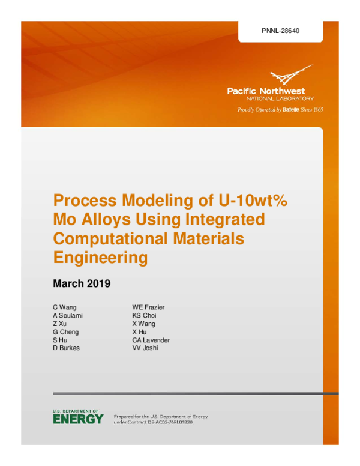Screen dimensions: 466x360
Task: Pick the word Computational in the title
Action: point(111,238)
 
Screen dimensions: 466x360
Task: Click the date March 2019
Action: point(82,283)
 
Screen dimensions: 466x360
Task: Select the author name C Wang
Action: point(65,307)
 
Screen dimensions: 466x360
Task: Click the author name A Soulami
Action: point(68,316)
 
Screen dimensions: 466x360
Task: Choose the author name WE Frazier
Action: point(148,307)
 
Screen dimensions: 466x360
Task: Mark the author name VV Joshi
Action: point(145,348)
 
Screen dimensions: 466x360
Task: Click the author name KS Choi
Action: point(144,316)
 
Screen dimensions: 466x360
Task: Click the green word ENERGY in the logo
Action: point(78,419)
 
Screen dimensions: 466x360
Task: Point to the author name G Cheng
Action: point(66,332)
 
